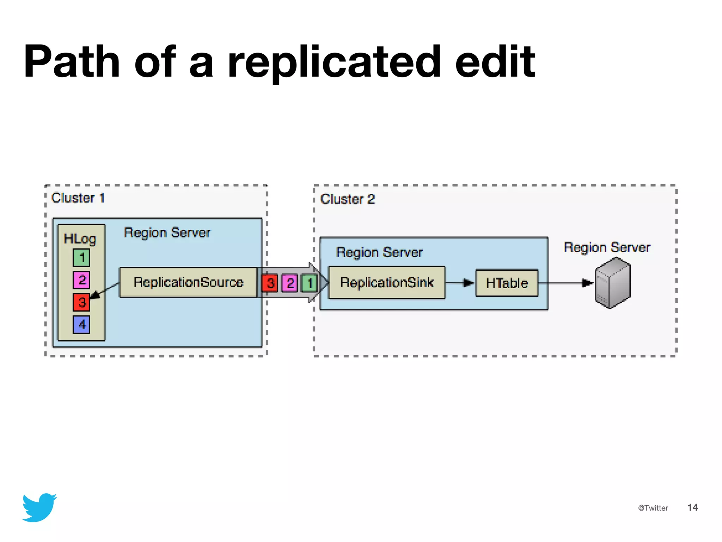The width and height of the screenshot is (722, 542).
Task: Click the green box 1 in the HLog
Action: [81, 258]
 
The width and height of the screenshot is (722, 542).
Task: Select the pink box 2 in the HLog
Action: [81, 280]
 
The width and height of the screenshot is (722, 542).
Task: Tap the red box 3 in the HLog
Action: [81, 302]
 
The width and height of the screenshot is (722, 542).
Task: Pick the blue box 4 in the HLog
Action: [81, 324]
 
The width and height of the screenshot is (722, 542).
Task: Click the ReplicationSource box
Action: [188, 282]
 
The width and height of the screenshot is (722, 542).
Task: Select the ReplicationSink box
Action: [387, 283]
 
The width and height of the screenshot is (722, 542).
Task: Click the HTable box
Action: [507, 283]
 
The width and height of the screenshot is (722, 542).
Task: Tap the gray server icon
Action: [612, 283]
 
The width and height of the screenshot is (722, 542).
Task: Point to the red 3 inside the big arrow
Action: [270, 283]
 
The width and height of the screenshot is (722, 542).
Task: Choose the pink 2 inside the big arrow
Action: [290, 283]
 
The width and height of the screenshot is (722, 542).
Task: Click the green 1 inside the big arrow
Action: [310, 283]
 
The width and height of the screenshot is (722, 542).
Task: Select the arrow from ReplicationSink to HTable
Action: [460, 283]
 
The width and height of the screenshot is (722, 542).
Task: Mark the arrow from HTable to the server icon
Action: [566, 283]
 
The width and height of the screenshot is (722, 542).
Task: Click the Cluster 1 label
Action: [78, 198]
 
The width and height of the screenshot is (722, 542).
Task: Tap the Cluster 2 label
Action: [347, 199]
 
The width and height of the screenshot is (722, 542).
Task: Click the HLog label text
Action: [80, 239]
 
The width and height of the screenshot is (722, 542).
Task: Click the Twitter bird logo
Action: [39, 507]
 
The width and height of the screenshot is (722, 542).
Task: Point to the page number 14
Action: [692, 507]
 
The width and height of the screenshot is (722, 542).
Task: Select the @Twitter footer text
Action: [653, 508]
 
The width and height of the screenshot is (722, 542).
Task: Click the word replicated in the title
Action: [334, 62]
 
